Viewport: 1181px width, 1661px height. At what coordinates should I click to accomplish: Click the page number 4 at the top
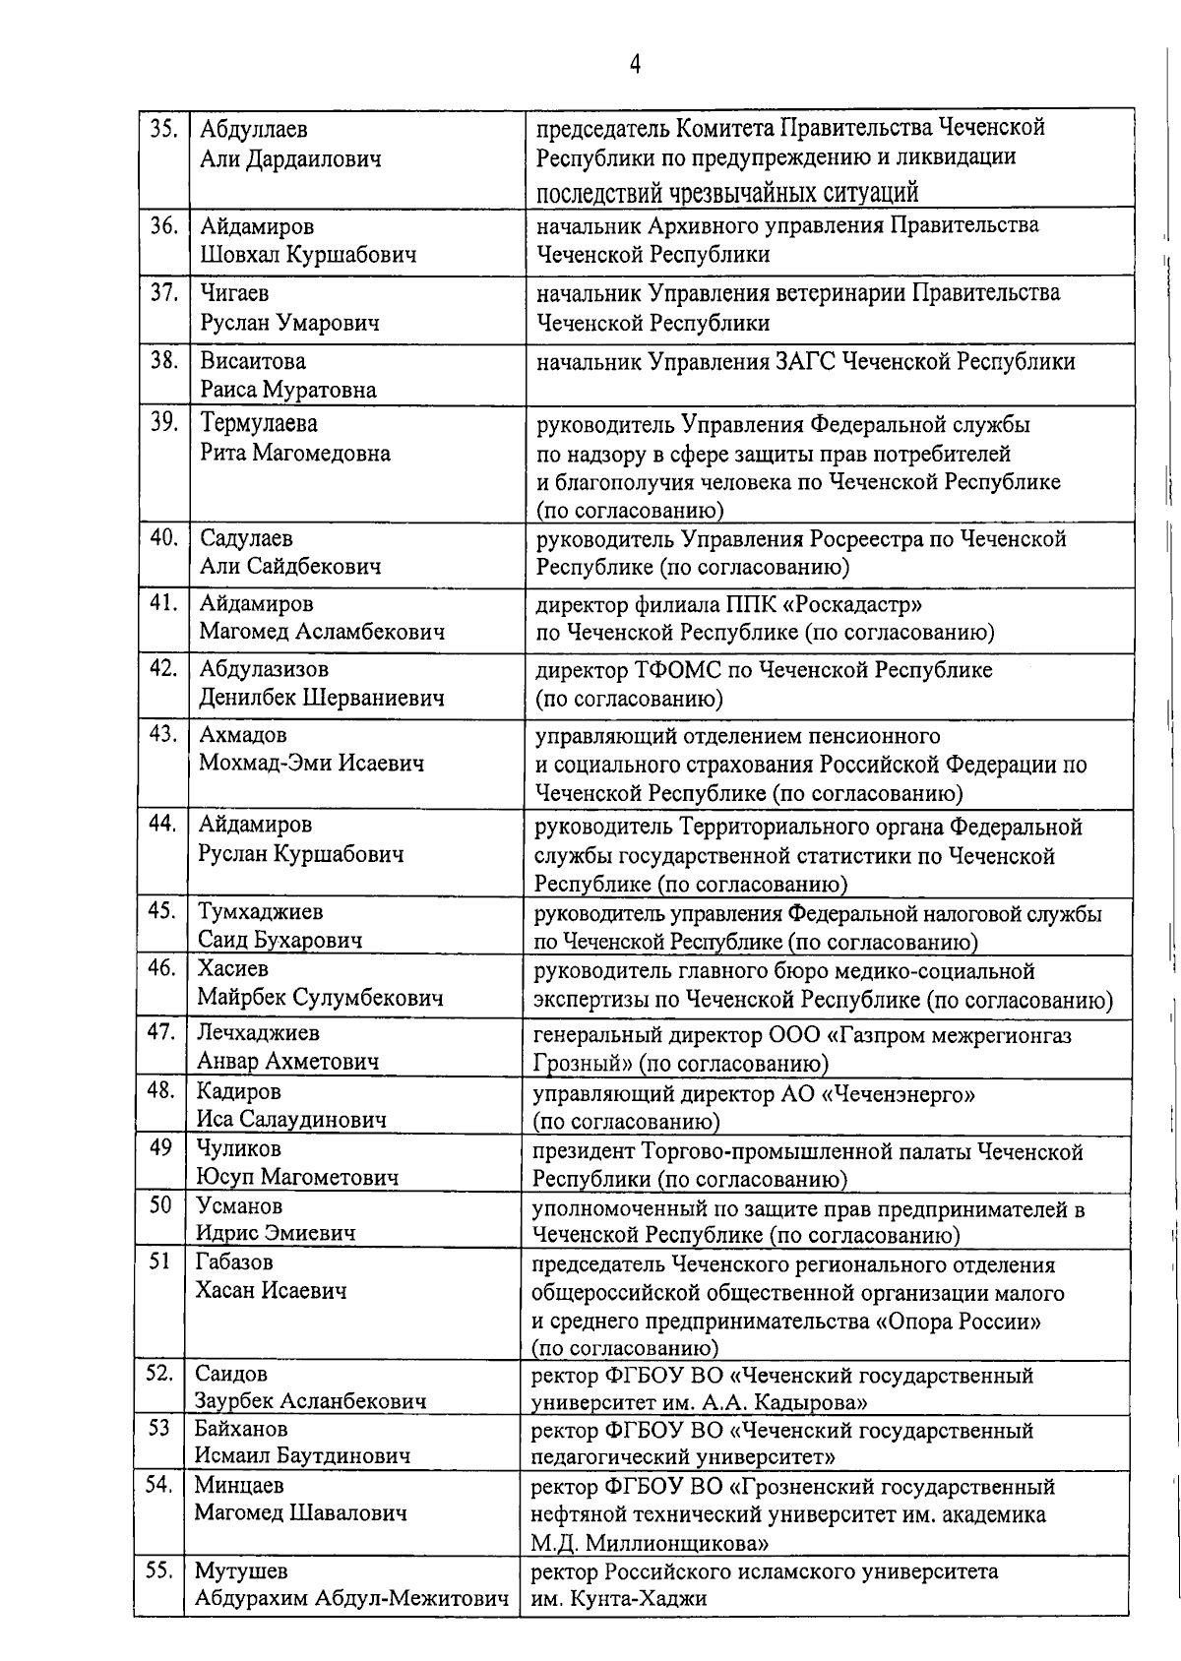[636, 65]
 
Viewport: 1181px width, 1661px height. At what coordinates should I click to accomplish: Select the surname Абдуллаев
[254, 130]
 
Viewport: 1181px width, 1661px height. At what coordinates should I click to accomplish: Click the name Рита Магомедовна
[295, 454]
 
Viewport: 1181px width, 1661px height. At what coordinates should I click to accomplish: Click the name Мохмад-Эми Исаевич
[311, 764]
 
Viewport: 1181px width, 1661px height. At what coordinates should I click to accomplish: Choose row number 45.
[161, 911]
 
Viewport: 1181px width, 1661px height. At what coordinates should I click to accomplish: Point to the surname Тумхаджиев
[261, 912]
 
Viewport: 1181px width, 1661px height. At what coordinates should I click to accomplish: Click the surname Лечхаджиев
[258, 1033]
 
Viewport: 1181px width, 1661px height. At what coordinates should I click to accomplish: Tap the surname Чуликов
[238, 1149]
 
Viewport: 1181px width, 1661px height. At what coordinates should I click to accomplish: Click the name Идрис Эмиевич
[276, 1233]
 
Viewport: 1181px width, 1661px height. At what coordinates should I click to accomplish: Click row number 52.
[158, 1373]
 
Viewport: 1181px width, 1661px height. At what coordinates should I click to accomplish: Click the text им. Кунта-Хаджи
[619, 1598]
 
